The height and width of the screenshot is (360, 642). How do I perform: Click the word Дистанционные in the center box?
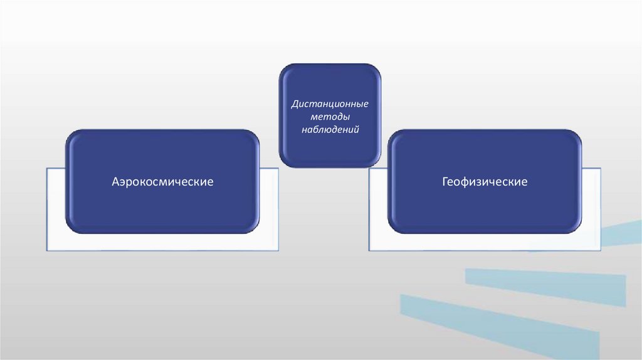tap(330, 103)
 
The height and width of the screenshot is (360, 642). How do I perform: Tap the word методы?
tap(330, 117)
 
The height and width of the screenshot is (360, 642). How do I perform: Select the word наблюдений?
tap(330, 130)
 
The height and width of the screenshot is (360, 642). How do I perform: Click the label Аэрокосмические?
tap(162, 182)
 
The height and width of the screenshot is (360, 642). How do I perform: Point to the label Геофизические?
tap(485, 182)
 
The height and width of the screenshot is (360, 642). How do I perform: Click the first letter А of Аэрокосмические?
tap(115, 182)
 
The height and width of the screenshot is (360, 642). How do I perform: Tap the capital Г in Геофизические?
tap(445, 182)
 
